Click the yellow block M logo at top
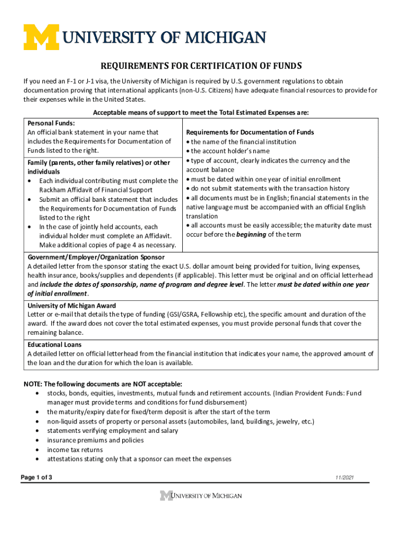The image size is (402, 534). coord(42,38)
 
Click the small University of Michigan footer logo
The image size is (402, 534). coord(201,495)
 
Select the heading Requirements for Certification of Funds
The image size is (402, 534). coord(201,66)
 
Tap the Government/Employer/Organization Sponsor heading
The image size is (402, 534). coord(96,257)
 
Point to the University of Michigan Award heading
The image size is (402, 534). coord(72,305)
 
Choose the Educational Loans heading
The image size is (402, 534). coord(54,345)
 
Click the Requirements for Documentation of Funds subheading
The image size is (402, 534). coord(250,132)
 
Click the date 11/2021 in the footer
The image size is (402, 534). coord(346,478)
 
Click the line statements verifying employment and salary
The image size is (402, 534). coord(112,431)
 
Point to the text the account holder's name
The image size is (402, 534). coord(222,151)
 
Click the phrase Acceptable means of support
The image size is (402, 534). coord(137,113)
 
